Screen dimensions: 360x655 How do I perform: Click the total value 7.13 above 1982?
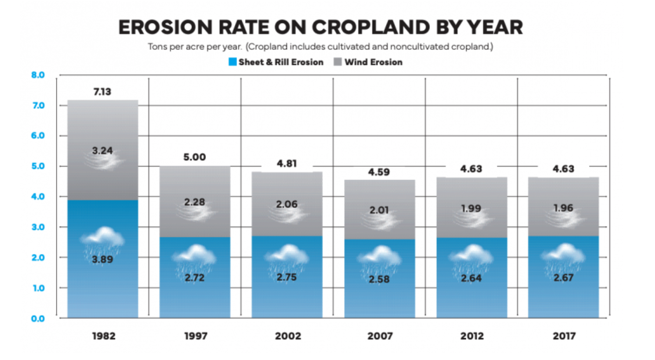tap(102, 91)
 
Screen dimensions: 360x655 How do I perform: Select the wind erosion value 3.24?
tap(103, 151)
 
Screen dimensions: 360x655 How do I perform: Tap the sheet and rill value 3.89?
tap(103, 259)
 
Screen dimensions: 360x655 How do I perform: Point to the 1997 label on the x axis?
tap(196, 336)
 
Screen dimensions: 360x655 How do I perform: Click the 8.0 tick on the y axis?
tap(38, 75)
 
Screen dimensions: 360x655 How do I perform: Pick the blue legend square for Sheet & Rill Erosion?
tap(233, 62)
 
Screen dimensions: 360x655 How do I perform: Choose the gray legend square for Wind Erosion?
tap(338, 62)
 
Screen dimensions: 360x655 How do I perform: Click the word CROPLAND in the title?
tap(371, 28)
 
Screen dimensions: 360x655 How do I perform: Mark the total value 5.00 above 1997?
tap(194, 157)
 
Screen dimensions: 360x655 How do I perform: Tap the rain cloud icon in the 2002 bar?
tap(287, 255)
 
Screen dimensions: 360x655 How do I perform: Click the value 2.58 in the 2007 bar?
tap(379, 279)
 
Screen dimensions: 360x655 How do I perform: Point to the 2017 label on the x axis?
tap(564, 336)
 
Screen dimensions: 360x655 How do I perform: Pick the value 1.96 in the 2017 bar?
tap(563, 208)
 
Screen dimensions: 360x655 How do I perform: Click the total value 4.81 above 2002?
tap(287, 164)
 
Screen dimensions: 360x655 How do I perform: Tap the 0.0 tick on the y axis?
tap(38, 318)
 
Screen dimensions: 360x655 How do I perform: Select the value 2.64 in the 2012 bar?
tap(471, 278)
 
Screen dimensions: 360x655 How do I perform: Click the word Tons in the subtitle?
tap(157, 47)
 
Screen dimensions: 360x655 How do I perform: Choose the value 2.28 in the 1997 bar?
tap(194, 202)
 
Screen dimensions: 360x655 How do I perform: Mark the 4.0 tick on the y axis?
tap(38, 196)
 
